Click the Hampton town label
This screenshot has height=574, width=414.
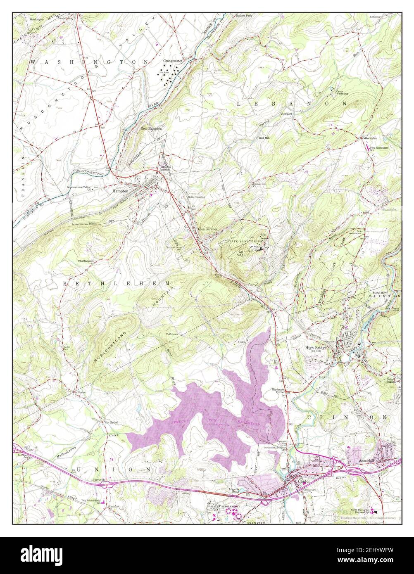pos(120,192)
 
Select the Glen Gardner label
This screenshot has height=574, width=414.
pos(207,229)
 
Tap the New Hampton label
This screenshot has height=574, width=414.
pos(151,128)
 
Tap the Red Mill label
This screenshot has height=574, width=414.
pos(264,138)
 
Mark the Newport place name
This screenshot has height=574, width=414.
pos(286,114)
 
